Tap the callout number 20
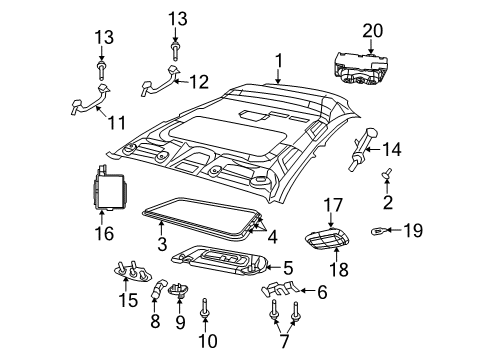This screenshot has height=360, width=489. (373, 32)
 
